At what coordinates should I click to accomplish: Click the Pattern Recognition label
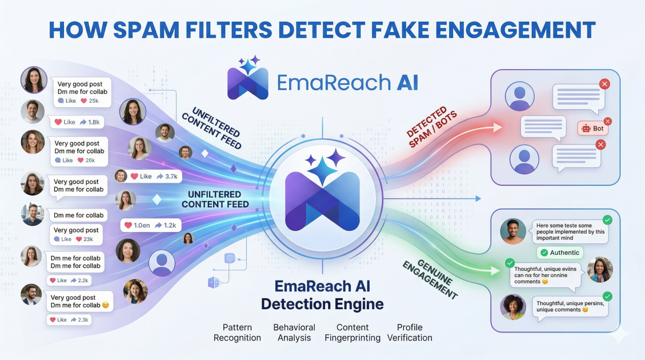237,333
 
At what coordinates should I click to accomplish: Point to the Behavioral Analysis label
294,333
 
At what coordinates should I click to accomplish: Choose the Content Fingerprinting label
352,333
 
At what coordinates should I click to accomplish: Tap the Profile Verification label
410,333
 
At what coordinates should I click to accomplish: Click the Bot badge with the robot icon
593,129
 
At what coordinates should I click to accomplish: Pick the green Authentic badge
560,253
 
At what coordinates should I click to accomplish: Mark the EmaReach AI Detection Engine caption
322,295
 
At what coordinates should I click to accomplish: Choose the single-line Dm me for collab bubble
79,215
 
